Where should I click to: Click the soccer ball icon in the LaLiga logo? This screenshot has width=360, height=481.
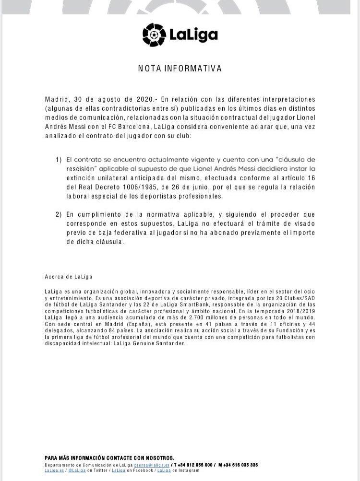(154, 34)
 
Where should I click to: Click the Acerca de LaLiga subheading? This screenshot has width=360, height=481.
(69, 277)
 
